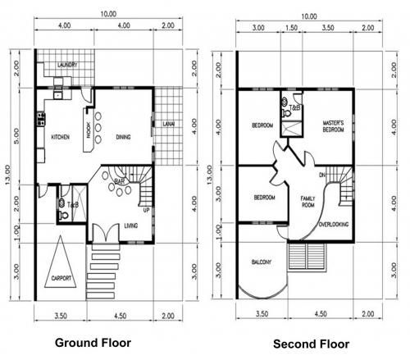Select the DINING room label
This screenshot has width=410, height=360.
tap(125, 137)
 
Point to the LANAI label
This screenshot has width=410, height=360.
tap(168, 124)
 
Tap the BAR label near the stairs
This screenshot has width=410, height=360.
tap(119, 180)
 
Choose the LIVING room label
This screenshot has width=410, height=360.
tap(131, 225)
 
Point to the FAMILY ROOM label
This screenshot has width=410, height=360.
tap(309, 202)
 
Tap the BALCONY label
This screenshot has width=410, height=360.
tap(260, 262)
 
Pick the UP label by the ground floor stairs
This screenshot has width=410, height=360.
tap(147, 210)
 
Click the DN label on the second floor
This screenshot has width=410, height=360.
tap(322, 175)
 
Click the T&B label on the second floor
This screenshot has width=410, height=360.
tap(294, 107)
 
